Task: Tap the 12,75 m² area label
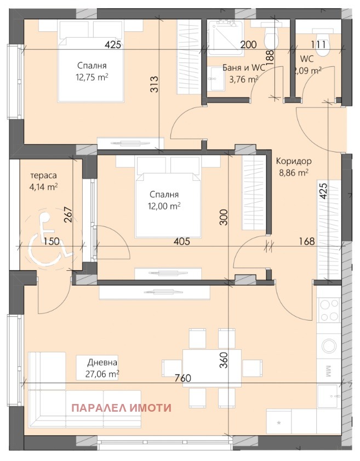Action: coord(92,77)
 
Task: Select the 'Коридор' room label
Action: coord(294,161)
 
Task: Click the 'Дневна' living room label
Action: coord(102,362)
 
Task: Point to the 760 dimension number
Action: coord(183,378)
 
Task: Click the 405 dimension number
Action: coord(182,241)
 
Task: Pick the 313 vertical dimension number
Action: coord(155,84)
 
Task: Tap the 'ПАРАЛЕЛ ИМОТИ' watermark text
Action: coord(122,408)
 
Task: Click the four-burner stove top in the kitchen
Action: coord(329,310)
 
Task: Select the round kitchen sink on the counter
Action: coord(329,345)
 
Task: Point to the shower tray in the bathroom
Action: coord(225,38)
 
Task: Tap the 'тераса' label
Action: coord(43,175)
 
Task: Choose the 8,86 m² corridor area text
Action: coord(294,173)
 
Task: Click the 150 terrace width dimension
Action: coord(52,241)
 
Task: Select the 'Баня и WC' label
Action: coord(244,68)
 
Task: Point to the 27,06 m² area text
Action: coord(102,374)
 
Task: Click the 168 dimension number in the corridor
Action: coord(307,241)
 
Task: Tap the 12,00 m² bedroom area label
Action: coord(164,206)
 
